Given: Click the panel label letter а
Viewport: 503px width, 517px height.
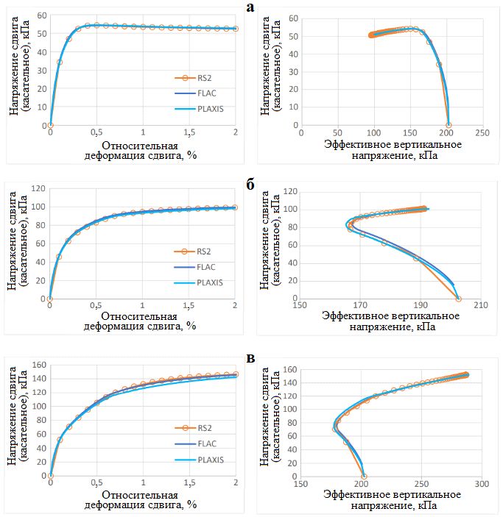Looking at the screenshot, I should point(251,7).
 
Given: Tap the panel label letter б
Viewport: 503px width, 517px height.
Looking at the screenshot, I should point(250,185).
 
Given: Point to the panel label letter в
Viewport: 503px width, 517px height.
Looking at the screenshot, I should point(250,358).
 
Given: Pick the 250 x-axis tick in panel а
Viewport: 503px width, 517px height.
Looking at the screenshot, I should point(482,133).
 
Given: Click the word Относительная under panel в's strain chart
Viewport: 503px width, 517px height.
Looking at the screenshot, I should point(141,494).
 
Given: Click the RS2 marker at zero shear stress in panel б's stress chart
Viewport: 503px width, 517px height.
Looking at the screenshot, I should point(458,299).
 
